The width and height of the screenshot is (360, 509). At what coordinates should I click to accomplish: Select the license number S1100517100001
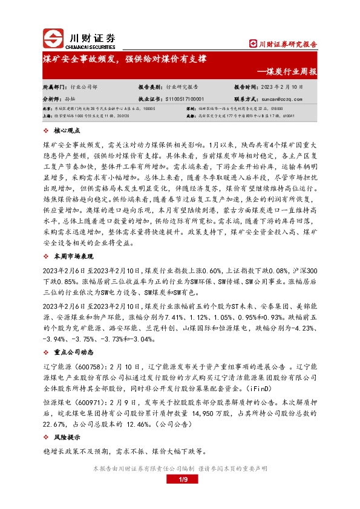pyautogui.click(x=185, y=98)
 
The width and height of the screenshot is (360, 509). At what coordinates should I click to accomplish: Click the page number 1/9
pyautogui.click(x=180, y=480)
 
